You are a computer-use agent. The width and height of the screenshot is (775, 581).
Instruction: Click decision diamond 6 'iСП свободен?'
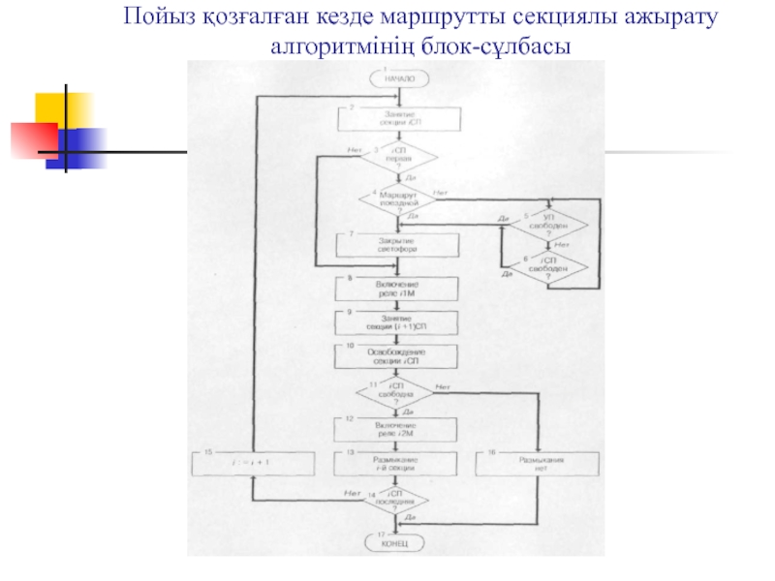click(x=549, y=266)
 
